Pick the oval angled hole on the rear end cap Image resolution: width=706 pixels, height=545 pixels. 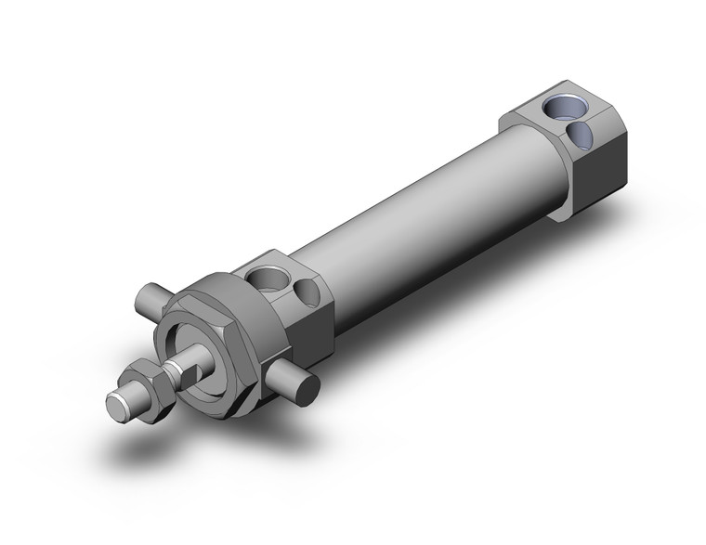pos(583,136)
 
